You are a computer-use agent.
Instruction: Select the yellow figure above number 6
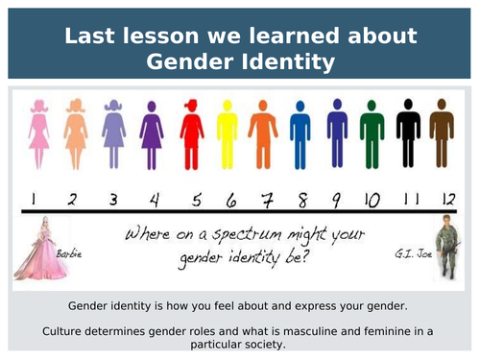coord(227,136)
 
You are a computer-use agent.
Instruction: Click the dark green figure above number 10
coord(372,136)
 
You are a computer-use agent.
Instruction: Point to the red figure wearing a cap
coord(192,136)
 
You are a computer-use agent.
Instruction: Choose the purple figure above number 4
coord(152,136)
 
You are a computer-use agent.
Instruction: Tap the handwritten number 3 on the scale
coord(113,200)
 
